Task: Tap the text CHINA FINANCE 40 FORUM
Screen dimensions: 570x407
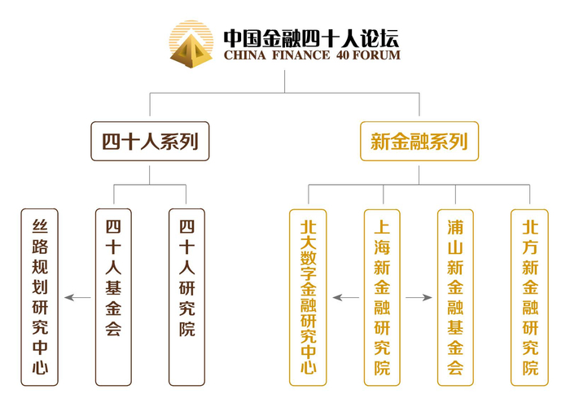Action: click(x=311, y=56)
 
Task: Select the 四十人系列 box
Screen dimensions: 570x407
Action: click(x=150, y=142)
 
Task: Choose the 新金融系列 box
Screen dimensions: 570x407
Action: click(x=419, y=142)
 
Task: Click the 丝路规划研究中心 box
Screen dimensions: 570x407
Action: click(x=40, y=296)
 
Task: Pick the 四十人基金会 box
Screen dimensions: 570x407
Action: click(x=113, y=296)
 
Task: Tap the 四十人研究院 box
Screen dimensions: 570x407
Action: click(x=186, y=296)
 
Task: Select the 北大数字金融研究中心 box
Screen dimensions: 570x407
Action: click(x=309, y=296)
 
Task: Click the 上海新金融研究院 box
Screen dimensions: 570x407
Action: click(x=382, y=296)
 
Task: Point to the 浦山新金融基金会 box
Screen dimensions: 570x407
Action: click(x=455, y=296)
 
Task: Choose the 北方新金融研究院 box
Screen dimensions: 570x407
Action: click(x=530, y=296)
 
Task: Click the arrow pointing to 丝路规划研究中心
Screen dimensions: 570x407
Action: click(x=77, y=298)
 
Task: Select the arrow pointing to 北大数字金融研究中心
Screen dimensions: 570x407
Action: click(x=345, y=298)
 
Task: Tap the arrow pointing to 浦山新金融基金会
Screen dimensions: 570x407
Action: click(x=419, y=298)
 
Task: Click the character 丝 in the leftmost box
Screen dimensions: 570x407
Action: click(x=40, y=225)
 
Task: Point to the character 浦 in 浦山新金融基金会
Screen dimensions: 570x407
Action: click(x=455, y=226)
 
